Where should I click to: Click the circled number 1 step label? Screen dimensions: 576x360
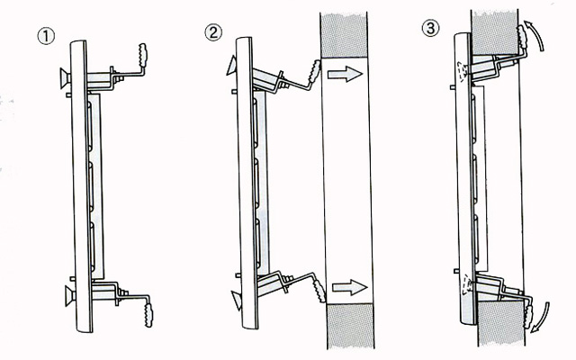[x=46, y=36]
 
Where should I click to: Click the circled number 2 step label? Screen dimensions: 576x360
[x=213, y=32]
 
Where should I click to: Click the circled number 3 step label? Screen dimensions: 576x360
[x=430, y=28]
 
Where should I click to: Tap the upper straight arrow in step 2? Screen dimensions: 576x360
[x=345, y=74]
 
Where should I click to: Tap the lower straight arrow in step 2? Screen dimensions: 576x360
[x=350, y=287]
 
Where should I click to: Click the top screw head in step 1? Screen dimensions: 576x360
[x=65, y=78]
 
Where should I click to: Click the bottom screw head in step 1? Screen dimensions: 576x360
[x=70, y=296]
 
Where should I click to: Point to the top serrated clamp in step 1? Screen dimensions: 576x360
[x=143, y=55]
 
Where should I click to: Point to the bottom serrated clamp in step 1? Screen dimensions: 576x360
[x=148, y=315]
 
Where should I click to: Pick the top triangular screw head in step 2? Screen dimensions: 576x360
[x=231, y=66]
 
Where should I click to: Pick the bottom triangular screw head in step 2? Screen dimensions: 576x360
[x=236, y=300]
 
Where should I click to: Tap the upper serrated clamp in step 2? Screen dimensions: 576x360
[x=314, y=72]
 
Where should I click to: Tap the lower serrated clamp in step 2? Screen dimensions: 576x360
[x=319, y=291]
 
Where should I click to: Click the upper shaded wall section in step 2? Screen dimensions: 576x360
[x=344, y=35]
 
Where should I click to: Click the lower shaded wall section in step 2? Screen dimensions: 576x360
[x=350, y=326]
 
